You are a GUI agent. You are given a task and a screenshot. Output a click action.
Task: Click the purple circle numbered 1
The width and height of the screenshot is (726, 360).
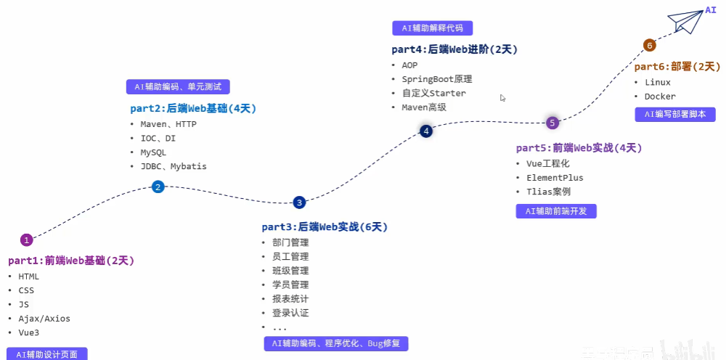[27, 240]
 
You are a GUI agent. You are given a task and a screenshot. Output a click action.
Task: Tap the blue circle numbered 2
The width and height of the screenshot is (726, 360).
[158, 187]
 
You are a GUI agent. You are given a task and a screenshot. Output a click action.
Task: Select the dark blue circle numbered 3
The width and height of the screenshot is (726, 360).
[299, 202]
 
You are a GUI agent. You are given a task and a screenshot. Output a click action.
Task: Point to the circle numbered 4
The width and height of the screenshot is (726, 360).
[426, 131]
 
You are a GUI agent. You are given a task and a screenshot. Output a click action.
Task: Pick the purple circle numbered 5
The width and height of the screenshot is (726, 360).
[552, 123]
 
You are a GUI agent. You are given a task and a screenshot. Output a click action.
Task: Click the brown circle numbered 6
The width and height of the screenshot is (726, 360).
[650, 46]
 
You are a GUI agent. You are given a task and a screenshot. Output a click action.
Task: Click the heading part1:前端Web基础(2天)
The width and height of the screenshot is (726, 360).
[71, 261]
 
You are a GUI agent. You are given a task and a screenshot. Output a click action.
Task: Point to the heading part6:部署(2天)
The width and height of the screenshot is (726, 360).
[677, 66]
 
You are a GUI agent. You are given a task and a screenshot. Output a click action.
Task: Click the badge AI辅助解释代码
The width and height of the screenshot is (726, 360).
[433, 28]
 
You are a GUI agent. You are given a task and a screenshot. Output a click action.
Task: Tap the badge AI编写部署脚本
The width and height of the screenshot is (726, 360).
[675, 114]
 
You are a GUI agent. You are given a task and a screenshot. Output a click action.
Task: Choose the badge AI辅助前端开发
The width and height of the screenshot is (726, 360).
[556, 211]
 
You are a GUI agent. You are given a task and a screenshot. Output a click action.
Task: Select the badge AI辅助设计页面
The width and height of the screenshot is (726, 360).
[46, 354]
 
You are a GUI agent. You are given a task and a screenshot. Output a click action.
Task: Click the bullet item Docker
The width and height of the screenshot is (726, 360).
[660, 97]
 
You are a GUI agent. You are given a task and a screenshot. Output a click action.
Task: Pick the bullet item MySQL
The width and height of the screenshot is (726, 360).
[153, 152]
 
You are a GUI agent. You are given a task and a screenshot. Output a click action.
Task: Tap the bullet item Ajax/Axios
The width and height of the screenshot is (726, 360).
[44, 319]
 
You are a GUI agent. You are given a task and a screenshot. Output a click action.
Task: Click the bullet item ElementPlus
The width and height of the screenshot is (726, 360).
[555, 178]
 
